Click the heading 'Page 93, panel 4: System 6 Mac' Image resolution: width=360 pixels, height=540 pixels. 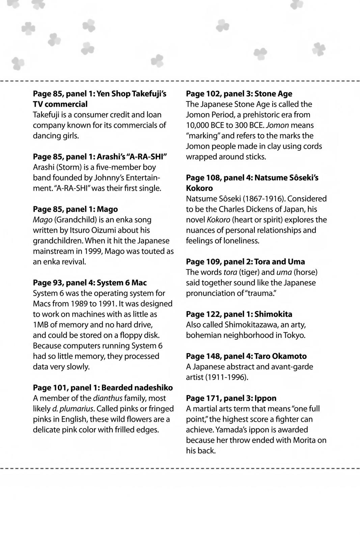coord(90,283)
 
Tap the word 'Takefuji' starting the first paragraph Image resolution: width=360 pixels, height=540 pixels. coord(46,115)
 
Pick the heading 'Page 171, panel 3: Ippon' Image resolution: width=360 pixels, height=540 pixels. coord(231,398)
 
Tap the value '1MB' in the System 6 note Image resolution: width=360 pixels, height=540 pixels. coord(40,325)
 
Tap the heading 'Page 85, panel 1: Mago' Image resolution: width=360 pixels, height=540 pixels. coord(75,209)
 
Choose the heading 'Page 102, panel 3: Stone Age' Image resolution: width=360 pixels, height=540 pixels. coord(239,94)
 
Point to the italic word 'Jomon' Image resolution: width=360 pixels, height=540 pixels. coord(277,125)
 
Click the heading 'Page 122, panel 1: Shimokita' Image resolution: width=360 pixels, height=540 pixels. coord(239,314)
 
